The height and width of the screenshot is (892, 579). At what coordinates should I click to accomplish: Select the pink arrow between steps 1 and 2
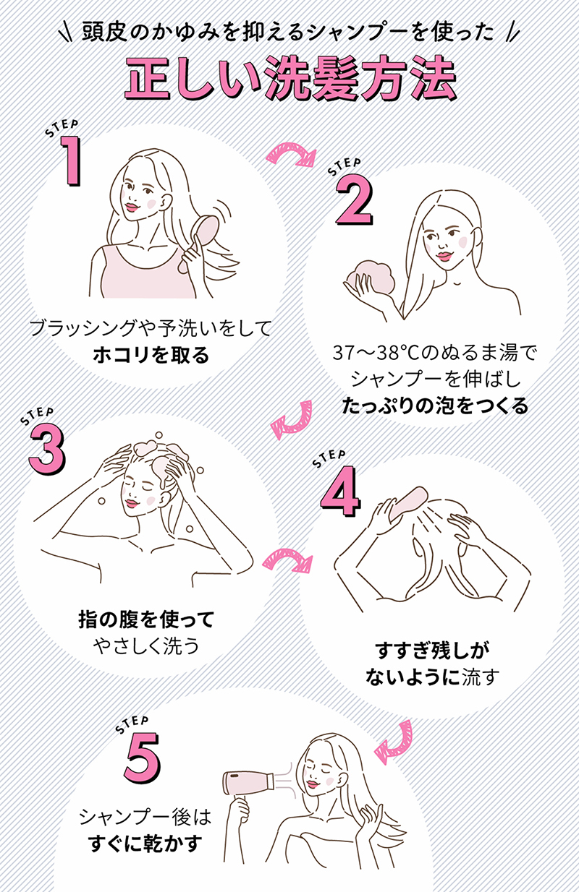click(x=291, y=151)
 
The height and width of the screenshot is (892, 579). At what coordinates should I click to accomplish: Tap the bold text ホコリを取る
click(x=151, y=355)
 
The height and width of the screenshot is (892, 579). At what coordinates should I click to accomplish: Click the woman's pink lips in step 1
click(x=131, y=206)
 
